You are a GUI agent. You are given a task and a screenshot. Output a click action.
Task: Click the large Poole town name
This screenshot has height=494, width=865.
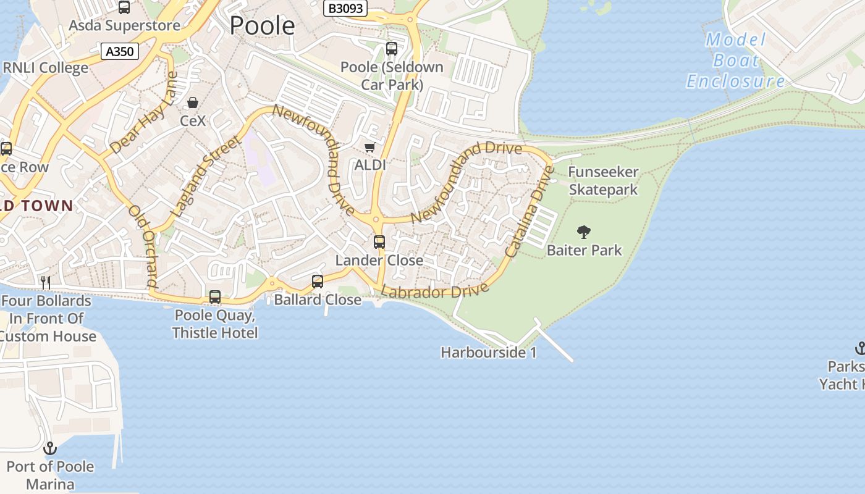(x=262, y=25)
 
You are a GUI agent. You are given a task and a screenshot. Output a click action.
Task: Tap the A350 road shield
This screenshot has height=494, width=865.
(x=120, y=51)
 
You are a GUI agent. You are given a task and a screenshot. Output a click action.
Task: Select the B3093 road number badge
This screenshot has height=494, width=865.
(x=345, y=8)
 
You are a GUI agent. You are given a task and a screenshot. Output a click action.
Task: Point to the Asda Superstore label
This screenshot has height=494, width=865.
(x=124, y=25)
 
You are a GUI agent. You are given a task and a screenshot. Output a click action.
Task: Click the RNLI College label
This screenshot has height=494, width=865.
(x=46, y=67)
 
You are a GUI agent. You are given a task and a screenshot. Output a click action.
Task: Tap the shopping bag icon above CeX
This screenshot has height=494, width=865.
(x=193, y=102)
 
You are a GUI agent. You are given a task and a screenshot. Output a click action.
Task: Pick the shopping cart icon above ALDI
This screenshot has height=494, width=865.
(x=369, y=147)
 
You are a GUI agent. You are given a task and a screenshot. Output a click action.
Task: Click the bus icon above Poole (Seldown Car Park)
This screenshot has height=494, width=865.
(x=391, y=49)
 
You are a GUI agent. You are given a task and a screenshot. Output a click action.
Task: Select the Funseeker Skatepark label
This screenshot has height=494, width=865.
(x=603, y=180)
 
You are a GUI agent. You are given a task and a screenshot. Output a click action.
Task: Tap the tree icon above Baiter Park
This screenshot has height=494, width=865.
(x=583, y=232)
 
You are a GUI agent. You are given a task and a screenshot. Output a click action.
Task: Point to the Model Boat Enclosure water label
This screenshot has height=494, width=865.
(x=735, y=61)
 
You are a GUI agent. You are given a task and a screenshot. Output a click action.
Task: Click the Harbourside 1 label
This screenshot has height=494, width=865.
(x=489, y=353)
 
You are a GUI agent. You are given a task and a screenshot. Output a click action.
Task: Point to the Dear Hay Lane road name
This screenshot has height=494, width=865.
(x=144, y=113)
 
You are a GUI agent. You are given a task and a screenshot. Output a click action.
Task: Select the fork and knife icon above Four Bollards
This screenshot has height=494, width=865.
(x=45, y=282)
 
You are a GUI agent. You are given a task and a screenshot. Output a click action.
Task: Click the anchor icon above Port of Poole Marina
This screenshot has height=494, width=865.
(x=50, y=448)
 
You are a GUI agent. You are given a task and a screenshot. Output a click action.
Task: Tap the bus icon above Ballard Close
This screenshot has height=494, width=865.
(x=318, y=282)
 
